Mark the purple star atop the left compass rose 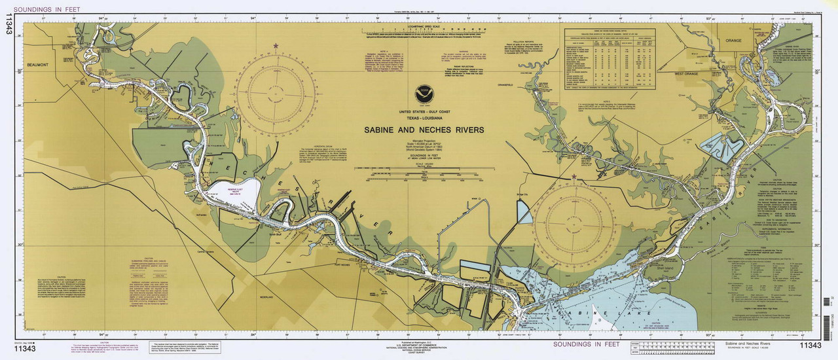pyautogui.click(x=275, y=45)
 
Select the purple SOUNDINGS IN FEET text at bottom pyautogui.click(x=585, y=343)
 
